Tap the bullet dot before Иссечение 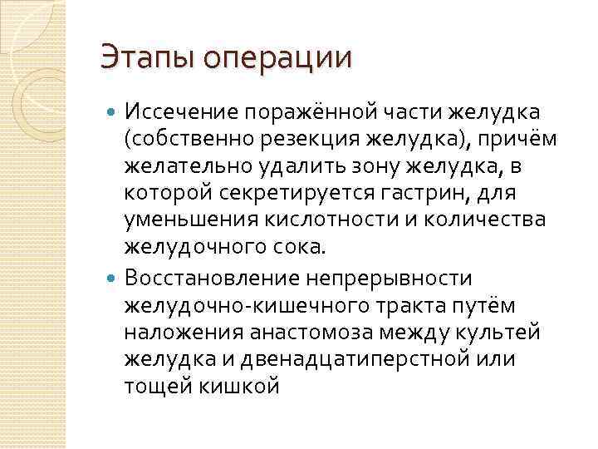pyautogui.click(x=115, y=111)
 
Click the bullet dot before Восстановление pyautogui.click(x=115, y=276)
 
